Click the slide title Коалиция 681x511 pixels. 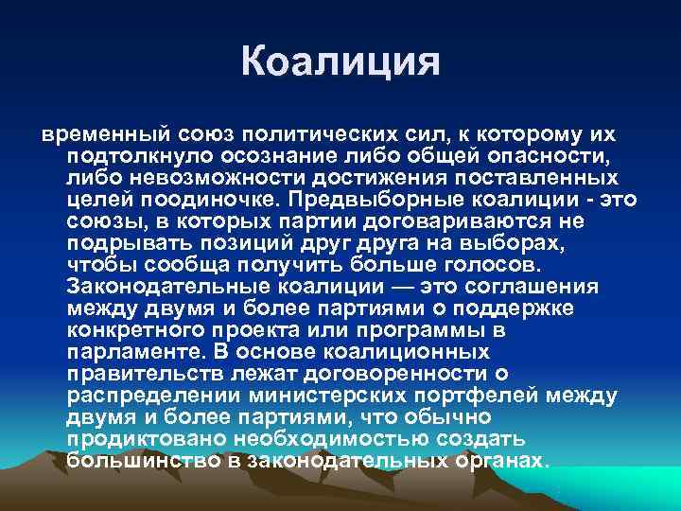point(340,62)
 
